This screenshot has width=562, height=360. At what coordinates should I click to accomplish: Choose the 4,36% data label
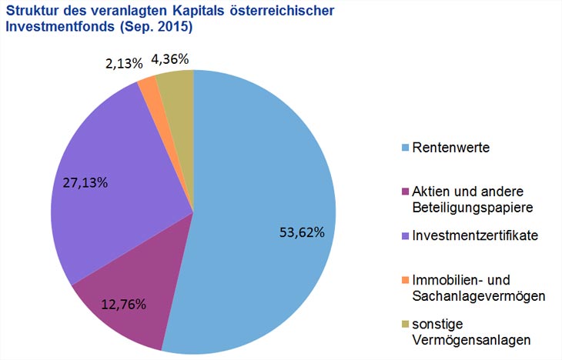click(x=171, y=58)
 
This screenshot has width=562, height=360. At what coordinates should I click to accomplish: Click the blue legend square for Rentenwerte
click(x=406, y=147)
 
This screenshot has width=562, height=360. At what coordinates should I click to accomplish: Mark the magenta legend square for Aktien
click(x=406, y=191)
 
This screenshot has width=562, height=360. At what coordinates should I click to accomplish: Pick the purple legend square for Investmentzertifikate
click(x=406, y=235)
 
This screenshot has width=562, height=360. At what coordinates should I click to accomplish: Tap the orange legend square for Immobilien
click(x=406, y=278)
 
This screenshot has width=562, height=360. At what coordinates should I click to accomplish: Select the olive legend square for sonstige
click(x=406, y=322)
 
